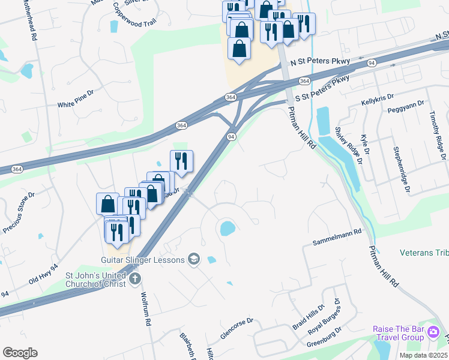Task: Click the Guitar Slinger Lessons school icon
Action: coord(193,259)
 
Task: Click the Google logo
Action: coord(20,353)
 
